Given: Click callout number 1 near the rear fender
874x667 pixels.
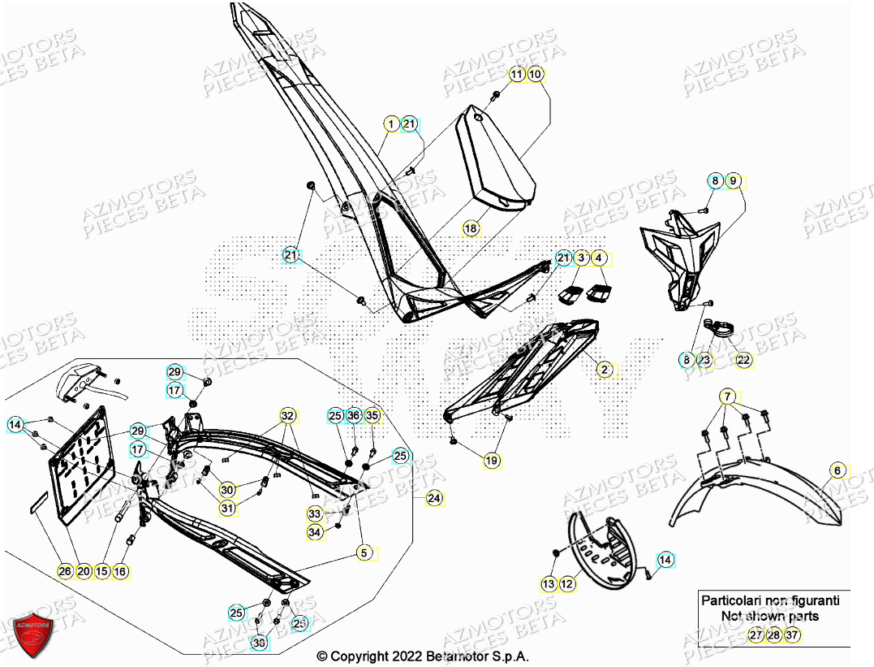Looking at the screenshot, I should [x=391, y=124].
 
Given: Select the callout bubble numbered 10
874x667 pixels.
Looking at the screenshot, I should [x=536, y=75].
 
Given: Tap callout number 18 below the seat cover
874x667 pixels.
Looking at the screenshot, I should [x=471, y=229].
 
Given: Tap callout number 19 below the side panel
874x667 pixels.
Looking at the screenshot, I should [x=492, y=461].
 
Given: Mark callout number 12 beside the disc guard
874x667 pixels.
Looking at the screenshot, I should [x=566, y=583].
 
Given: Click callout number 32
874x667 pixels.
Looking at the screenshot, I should [x=286, y=416].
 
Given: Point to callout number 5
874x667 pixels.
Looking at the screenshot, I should [x=364, y=553].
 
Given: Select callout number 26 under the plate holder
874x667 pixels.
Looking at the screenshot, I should [x=65, y=571].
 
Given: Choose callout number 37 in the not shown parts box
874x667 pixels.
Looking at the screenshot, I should [x=792, y=635].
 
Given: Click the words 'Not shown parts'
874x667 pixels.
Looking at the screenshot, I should [x=769, y=616].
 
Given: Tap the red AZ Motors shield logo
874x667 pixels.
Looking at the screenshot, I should [x=32, y=635].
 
